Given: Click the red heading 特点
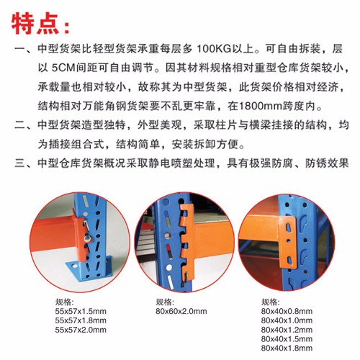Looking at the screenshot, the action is [x=35, y=24].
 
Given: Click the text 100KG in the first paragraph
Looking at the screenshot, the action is [x=214, y=49].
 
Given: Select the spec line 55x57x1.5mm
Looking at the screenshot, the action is [x=81, y=311].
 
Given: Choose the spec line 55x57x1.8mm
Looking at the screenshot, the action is [x=81, y=320].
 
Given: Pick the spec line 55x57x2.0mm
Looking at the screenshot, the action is [x=81, y=330].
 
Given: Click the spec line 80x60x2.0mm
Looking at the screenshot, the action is [x=181, y=311].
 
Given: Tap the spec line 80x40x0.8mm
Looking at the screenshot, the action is [x=287, y=311].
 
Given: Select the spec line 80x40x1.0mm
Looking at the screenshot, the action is [x=287, y=320].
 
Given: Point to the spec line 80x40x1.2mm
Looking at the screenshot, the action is [x=287, y=330].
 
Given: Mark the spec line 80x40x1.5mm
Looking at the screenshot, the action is [x=287, y=338].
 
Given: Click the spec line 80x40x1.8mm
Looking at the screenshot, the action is [x=287, y=348].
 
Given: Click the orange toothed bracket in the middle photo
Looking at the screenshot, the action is [x=188, y=243].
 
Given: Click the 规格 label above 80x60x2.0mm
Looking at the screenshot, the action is [x=165, y=302].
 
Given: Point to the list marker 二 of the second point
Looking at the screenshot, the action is [x=20, y=125].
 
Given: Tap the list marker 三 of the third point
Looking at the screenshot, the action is [x=20, y=163].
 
